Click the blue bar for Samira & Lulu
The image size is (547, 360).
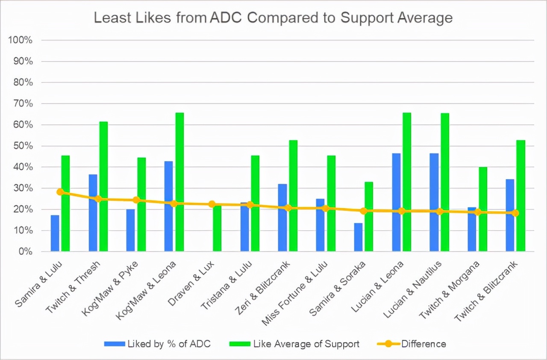tap(55, 233)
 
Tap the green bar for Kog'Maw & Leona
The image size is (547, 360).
tap(179, 182)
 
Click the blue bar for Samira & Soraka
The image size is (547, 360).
tap(358, 237)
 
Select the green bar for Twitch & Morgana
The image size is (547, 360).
tap(482, 209)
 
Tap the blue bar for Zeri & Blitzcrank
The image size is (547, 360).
tap(282, 218)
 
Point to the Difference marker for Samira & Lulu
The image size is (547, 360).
tap(60, 192)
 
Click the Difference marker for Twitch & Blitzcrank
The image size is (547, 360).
tap(515, 213)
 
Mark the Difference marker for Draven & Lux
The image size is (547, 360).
tap(212, 204)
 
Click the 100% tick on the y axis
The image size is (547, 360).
tap(21, 40)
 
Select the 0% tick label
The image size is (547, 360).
tap(26, 251)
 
